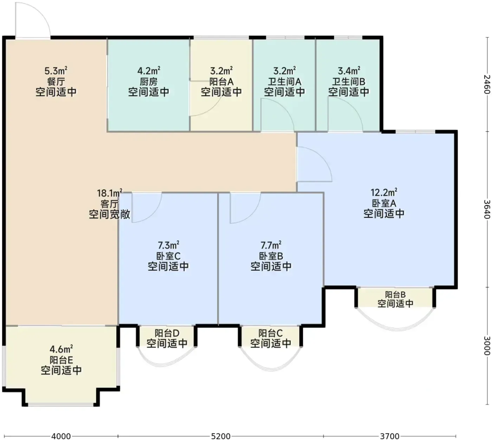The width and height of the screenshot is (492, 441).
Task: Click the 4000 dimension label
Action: pyautogui.click(x=61, y=436)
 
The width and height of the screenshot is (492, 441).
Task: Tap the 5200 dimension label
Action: pyautogui.click(x=220, y=436)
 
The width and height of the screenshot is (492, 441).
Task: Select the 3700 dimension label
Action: pyautogui.click(x=389, y=436)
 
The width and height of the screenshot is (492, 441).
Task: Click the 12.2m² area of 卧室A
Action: pyautogui.click(x=384, y=193)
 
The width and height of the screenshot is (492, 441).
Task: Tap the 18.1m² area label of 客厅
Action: pyautogui.click(x=110, y=193)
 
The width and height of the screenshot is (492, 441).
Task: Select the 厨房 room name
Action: pyautogui.click(x=148, y=82)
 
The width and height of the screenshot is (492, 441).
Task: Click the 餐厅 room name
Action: pyautogui.click(x=56, y=82)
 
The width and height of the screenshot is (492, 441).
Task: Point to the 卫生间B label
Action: pyautogui.click(x=349, y=82)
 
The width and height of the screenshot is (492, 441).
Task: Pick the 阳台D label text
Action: pyautogui.click(x=167, y=333)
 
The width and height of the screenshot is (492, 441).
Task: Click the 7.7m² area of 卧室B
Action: pyautogui.click(x=271, y=245)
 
